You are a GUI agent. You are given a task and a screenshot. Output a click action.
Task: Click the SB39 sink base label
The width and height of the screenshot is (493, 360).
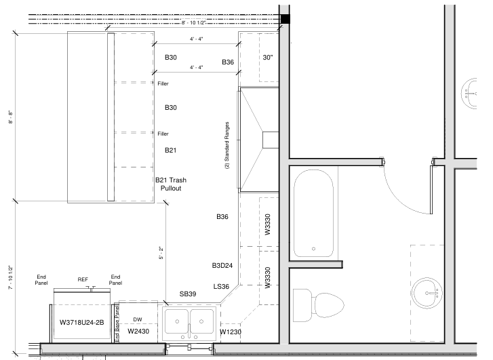click(188, 294)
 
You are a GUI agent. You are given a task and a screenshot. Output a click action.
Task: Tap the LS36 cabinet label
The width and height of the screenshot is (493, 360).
click(221, 286)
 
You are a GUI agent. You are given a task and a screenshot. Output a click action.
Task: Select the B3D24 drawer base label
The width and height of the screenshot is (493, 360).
click(222, 266)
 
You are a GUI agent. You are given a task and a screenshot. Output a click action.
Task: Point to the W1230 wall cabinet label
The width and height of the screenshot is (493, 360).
click(231, 332)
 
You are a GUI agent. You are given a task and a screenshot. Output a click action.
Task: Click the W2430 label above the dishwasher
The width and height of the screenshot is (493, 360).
click(138, 331)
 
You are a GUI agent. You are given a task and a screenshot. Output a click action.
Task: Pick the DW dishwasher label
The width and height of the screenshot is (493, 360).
click(138, 319)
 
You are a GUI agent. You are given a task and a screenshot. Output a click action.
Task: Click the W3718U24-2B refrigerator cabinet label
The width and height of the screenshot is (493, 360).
click(82, 322)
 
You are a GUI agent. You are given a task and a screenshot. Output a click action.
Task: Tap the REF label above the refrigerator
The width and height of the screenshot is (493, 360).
click(83, 279)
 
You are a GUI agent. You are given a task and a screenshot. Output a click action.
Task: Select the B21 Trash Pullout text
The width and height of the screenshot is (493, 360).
click(171, 184)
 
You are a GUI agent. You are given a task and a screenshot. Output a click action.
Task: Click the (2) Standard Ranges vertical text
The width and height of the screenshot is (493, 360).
click(226, 146)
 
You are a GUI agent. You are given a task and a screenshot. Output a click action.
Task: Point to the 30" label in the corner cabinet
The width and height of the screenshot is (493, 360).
click(268, 58)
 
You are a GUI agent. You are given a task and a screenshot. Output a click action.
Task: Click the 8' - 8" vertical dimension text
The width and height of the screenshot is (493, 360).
click(11, 117)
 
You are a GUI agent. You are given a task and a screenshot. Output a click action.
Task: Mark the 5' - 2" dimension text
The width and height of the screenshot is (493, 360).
click(161, 253)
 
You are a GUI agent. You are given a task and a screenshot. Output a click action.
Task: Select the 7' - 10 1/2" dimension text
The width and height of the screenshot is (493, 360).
click(11, 278)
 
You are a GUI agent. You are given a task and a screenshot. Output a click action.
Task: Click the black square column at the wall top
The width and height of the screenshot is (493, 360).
click(285, 19)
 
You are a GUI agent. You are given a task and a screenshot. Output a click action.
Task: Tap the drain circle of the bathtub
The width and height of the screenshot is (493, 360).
click(313, 249)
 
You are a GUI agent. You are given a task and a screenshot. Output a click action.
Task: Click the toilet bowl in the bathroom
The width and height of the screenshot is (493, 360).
click(329, 305)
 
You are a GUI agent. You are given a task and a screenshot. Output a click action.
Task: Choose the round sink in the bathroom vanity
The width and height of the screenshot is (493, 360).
click(427, 293)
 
